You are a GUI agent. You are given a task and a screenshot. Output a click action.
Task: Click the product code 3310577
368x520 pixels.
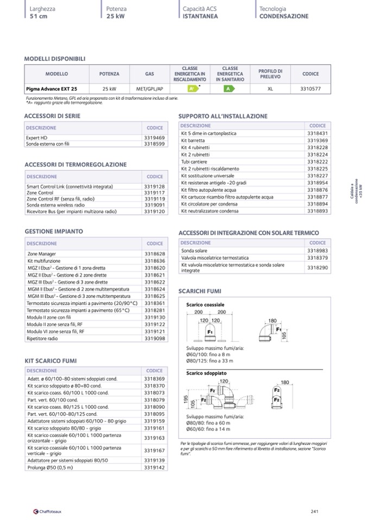(310, 89)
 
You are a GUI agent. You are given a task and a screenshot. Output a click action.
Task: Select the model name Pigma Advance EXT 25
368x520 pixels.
(52, 89)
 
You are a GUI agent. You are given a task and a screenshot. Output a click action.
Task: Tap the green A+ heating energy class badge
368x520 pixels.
(191, 89)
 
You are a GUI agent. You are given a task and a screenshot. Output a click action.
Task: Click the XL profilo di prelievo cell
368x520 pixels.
(270, 89)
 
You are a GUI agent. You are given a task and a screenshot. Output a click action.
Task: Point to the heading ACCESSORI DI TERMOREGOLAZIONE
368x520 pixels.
(75, 165)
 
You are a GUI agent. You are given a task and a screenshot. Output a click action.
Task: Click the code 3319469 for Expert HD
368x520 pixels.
(155, 138)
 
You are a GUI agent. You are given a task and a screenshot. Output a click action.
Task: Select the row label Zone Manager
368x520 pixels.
(42, 254)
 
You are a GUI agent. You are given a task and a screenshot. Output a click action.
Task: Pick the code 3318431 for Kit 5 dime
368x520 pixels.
(318, 133)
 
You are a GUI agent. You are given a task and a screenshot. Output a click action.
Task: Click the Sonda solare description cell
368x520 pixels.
(194, 251)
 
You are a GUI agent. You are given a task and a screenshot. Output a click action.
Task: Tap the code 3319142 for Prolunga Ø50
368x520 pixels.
(155, 467)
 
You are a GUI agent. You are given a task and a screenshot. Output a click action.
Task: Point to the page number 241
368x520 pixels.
(314, 510)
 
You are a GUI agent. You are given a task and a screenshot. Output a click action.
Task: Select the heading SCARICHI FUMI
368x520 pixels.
(199, 291)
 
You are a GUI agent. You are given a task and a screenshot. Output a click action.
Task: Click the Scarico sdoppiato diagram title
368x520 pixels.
(206, 374)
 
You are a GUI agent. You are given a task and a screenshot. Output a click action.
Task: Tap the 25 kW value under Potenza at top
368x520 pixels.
(116, 16)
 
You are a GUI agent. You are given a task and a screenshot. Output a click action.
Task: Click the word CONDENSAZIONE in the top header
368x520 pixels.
(284, 16)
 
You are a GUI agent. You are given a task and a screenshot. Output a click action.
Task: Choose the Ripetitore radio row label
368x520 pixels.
(42, 338)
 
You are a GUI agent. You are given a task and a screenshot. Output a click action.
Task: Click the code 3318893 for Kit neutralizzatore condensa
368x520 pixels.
(318, 211)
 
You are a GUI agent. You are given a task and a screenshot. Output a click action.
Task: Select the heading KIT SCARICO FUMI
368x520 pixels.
(50, 361)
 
